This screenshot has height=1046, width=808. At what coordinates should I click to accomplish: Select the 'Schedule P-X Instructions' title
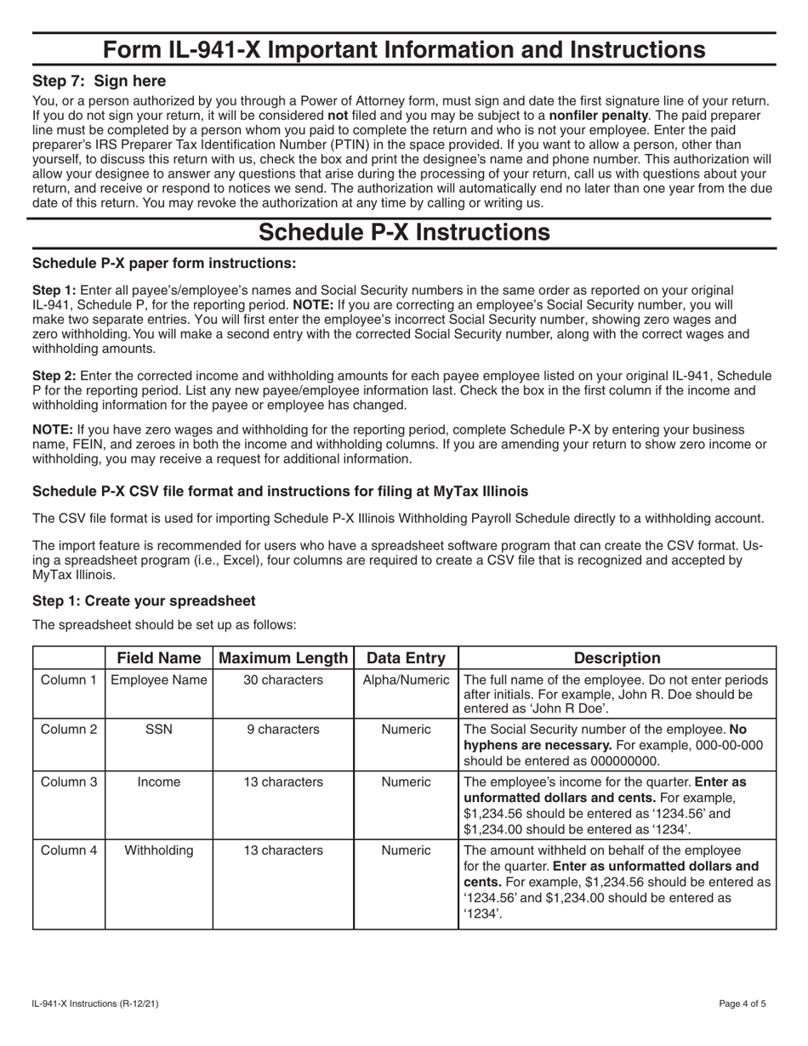pyautogui.click(x=403, y=232)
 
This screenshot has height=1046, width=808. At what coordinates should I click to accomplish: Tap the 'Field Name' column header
pyautogui.click(x=159, y=657)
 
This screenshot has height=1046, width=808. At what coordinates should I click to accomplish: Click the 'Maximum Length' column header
pyautogui.click(x=283, y=657)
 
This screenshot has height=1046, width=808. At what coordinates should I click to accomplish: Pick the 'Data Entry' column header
pyautogui.click(x=406, y=657)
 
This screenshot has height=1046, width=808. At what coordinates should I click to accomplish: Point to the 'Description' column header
pyautogui.click(x=617, y=657)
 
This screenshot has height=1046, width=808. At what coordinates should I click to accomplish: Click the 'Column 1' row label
pyautogui.click(x=69, y=680)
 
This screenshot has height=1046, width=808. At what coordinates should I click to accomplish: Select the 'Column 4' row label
pyautogui.click(x=69, y=850)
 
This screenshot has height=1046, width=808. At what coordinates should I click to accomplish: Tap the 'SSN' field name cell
pyautogui.click(x=159, y=730)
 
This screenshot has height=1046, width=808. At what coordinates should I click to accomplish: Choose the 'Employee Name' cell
pyautogui.click(x=159, y=680)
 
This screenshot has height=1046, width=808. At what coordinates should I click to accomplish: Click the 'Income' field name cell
pyautogui.click(x=159, y=782)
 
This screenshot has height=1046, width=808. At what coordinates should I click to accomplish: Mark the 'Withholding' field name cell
pyautogui.click(x=159, y=850)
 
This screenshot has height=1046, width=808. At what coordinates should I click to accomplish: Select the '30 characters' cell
pyautogui.click(x=283, y=680)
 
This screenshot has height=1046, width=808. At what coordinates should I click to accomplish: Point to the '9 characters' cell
pyautogui.click(x=283, y=730)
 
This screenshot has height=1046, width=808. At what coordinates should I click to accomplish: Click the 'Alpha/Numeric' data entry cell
pyautogui.click(x=406, y=680)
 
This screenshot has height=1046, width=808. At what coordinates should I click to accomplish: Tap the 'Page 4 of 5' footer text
pyautogui.click(x=742, y=1003)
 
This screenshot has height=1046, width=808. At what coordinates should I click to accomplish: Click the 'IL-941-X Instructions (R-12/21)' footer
pyautogui.click(x=95, y=1003)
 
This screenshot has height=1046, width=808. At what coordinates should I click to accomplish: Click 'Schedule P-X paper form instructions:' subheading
pyautogui.click(x=164, y=263)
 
